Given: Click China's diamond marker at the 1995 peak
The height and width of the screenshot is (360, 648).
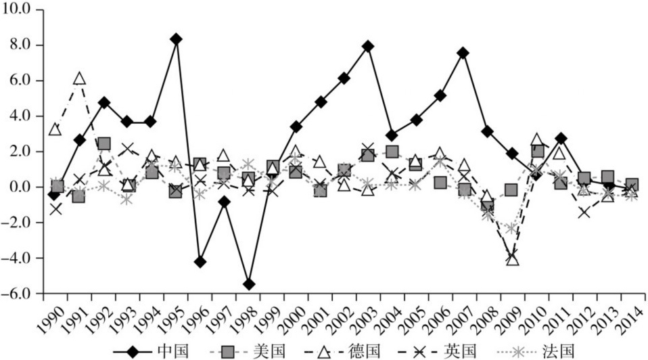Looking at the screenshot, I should (176, 39).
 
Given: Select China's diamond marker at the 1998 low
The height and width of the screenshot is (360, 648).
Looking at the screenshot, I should (249, 284).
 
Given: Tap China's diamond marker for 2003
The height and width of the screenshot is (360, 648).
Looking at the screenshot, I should (368, 47).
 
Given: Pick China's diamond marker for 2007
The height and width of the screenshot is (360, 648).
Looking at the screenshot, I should (463, 53).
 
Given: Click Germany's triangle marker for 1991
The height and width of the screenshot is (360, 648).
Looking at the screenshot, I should (79, 79).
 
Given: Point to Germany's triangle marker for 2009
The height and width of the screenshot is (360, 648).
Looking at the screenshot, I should (512, 259).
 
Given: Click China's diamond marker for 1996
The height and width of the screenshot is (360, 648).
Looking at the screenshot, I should (200, 262).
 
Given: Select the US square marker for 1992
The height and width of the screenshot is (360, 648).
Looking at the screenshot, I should (103, 143).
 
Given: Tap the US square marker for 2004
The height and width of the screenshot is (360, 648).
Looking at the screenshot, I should (392, 152).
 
